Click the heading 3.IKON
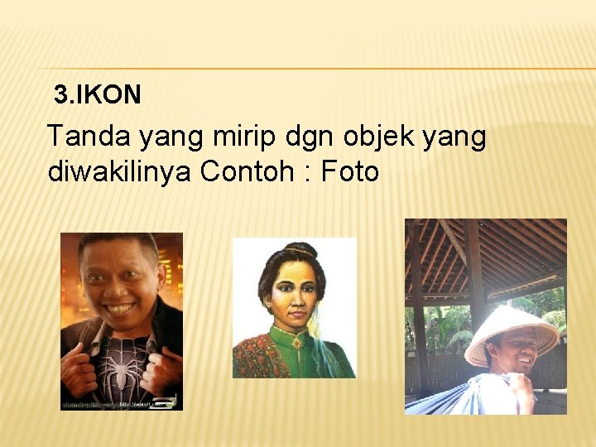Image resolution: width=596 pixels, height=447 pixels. (x=98, y=95)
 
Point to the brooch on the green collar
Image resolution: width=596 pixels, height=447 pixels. (x=297, y=342)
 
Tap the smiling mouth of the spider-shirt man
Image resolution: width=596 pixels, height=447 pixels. (x=121, y=310)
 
